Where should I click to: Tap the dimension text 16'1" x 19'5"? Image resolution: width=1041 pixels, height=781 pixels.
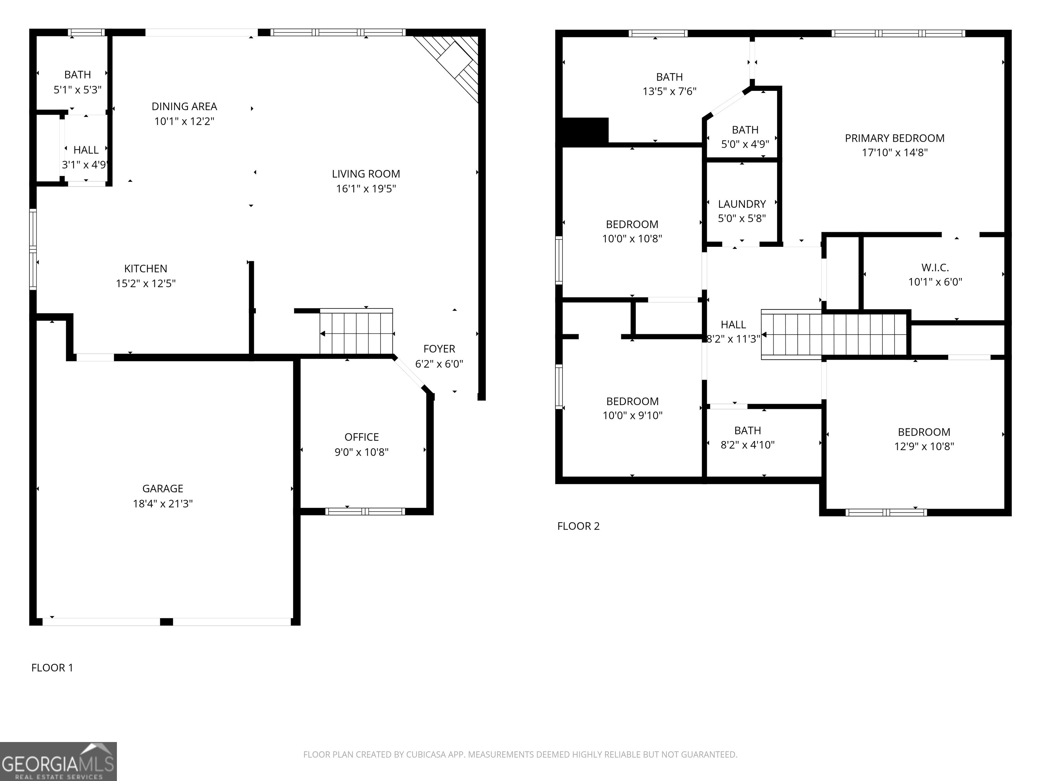tap(366, 189)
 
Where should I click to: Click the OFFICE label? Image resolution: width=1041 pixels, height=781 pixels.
tap(362, 437)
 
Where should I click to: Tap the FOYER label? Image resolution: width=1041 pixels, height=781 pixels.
tap(439, 349)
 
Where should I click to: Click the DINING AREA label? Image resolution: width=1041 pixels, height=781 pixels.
tap(184, 106)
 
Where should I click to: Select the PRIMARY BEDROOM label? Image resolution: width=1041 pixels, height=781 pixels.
tap(894, 138)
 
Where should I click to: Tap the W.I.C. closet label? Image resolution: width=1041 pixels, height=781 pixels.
tap(935, 267)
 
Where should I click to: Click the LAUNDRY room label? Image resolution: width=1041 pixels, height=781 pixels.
tap(742, 204)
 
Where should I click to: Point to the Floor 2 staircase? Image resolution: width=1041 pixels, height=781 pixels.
tap(834, 335)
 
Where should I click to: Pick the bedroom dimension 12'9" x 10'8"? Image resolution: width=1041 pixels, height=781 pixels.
tap(924, 446)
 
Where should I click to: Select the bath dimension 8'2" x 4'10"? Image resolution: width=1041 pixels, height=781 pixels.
tap(747, 445)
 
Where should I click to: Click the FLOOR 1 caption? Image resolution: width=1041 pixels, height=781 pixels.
tap(52, 667)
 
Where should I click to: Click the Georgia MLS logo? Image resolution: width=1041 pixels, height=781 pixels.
tap(58, 762)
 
